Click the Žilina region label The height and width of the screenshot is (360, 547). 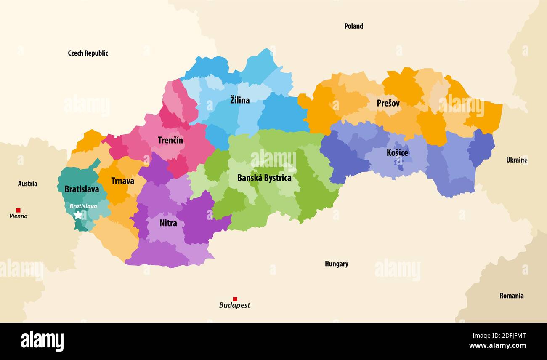coord(240,100)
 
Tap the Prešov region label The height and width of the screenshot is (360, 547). coord(388,103)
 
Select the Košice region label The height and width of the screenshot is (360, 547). coord(397,152)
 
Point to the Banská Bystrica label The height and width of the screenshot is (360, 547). coord(264,178)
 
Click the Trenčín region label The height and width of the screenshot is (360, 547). coord(170,140)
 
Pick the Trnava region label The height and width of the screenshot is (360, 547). coord(122,181)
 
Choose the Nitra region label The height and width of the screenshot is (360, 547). coord(168,223)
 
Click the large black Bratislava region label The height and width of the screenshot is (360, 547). coord(82,189)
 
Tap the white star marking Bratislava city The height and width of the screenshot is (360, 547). coord(78,215)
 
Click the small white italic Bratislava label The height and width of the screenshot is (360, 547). coord(83,206)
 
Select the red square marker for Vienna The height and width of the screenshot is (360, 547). coord(18,210)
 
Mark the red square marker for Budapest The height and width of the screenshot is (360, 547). coord(235,299)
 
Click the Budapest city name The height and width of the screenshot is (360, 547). coord(234,306)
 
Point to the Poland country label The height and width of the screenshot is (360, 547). coord(353,26)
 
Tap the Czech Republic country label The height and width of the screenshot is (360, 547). coord(88,53)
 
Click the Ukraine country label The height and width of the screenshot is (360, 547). coord(516,160)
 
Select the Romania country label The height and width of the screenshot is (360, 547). coord(511,296)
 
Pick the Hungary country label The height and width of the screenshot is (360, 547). coord(336,264)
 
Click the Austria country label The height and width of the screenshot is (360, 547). coord(27,184)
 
